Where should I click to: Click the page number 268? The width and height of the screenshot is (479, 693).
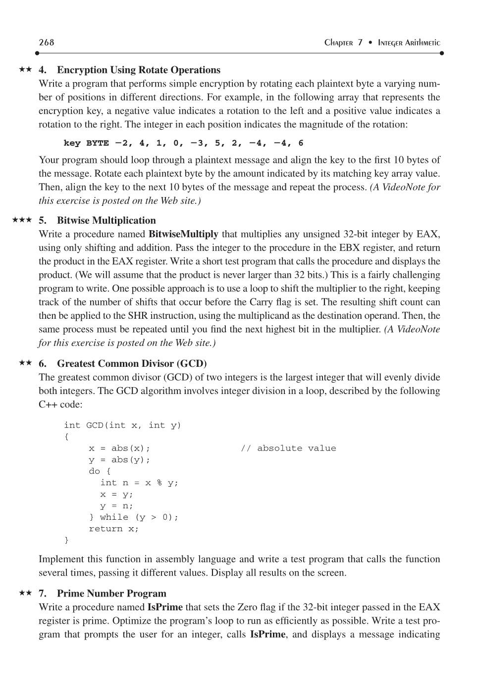(46, 43)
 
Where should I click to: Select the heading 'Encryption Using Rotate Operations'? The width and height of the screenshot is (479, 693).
(138, 70)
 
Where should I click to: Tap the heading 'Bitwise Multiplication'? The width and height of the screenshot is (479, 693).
(106, 220)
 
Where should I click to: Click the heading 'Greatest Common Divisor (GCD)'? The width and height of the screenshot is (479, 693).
(132, 363)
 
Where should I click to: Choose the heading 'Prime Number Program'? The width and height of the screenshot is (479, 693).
(111, 594)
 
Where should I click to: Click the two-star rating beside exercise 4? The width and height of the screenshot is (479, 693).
(25, 69)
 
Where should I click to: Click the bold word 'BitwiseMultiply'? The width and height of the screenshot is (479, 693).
(183, 234)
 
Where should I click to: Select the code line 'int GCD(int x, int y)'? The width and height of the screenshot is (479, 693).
(122, 425)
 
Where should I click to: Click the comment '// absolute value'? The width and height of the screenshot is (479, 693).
(288, 448)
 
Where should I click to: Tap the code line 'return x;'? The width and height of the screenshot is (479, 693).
(114, 529)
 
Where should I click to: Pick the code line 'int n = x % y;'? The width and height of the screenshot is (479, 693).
(139, 483)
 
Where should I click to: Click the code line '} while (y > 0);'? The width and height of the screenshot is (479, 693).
(133, 517)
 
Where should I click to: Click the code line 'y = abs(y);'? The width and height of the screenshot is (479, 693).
(119, 460)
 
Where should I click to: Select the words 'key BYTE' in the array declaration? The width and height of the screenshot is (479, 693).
(86, 143)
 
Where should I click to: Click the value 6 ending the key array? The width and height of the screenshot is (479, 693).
(301, 143)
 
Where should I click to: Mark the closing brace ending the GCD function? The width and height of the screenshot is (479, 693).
(66, 540)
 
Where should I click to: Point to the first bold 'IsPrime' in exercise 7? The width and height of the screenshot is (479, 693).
(165, 607)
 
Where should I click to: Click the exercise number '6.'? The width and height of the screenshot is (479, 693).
(43, 363)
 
